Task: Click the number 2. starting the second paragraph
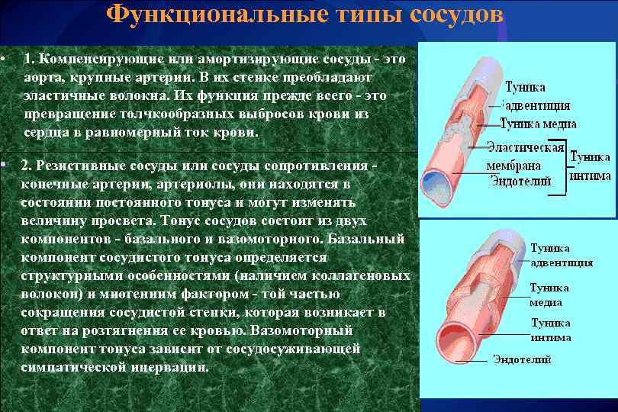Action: tap(28, 166)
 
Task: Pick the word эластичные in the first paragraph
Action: tap(58, 95)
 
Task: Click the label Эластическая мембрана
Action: tap(525, 156)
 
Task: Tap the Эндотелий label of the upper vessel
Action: tap(517, 180)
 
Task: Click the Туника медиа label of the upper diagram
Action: tap(538, 124)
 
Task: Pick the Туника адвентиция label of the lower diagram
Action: tap(561, 256)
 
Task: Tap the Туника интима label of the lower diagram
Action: tap(551, 330)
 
